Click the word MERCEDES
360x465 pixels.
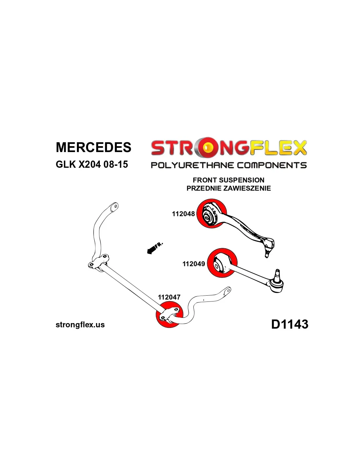[94, 147]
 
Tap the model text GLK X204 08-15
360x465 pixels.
[92, 164]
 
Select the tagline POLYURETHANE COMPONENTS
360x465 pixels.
[228, 165]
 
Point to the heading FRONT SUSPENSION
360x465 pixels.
[228, 180]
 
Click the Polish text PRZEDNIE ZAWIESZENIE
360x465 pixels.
[228, 188]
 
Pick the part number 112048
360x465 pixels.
[183, 214]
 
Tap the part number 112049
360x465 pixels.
[193, 264]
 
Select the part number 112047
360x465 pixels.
[169, 297]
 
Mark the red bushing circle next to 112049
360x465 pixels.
[222, 262]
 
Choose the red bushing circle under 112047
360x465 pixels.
[169, 315]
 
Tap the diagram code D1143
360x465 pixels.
[290, 324]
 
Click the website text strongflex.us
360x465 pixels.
[80, 325]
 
